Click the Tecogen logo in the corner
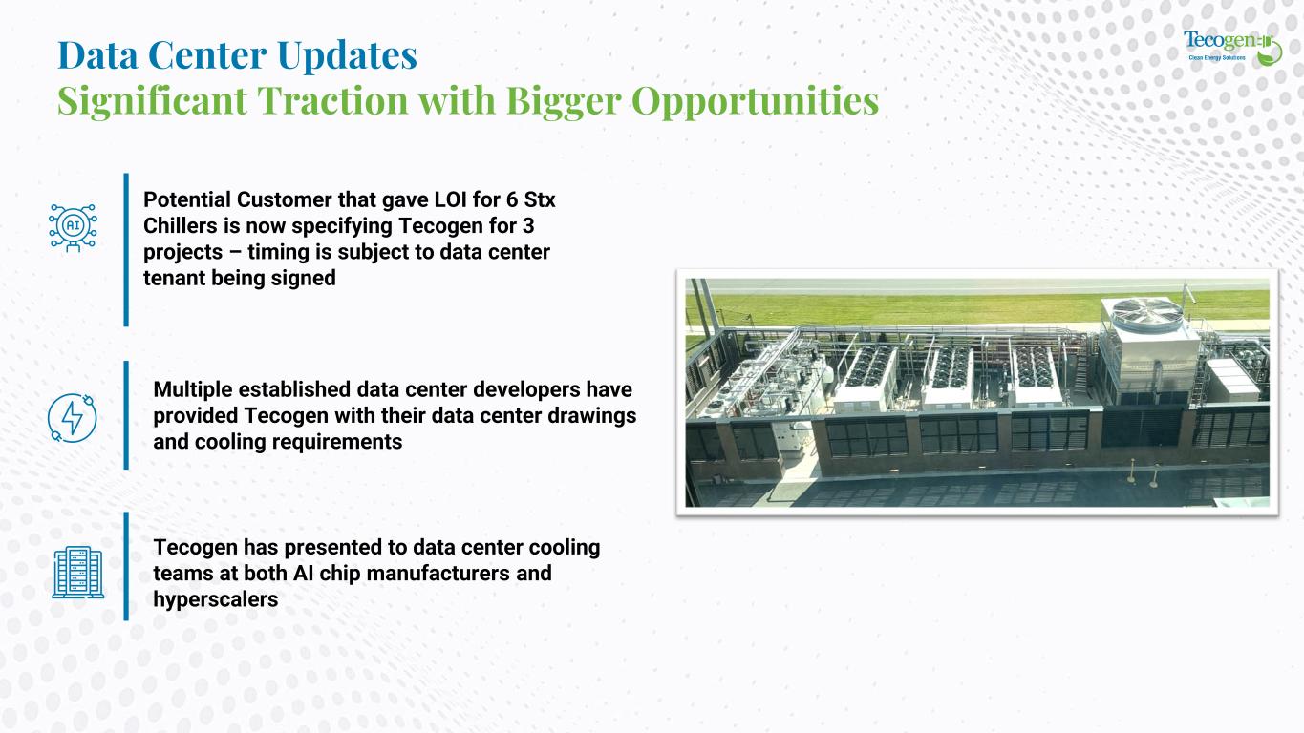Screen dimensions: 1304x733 pos(1232,48)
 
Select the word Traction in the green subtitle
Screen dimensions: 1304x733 pos(333,100)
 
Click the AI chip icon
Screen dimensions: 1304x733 pos(73,227)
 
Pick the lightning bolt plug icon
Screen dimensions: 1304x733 pos(73,418)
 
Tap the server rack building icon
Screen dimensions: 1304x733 pos(77,572)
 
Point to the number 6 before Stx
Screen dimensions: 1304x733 pos(512,199)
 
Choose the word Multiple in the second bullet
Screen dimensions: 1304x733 pos(193,389)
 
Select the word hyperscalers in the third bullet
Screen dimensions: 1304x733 pos(215,599)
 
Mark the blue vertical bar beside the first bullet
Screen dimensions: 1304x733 pos(126,249)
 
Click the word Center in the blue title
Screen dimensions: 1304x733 pos(207,55)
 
